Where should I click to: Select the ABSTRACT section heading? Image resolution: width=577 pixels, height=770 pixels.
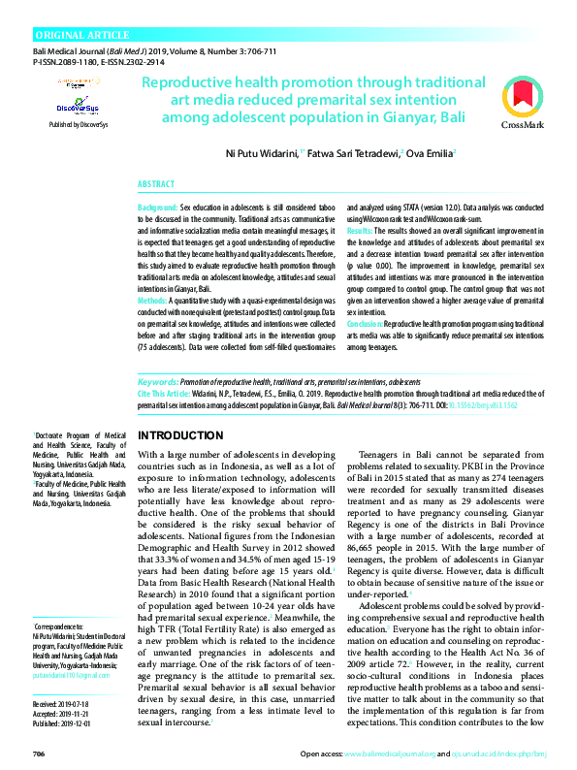156,183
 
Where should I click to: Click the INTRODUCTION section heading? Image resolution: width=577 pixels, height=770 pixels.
182,436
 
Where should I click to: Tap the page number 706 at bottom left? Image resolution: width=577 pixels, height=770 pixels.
39,754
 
